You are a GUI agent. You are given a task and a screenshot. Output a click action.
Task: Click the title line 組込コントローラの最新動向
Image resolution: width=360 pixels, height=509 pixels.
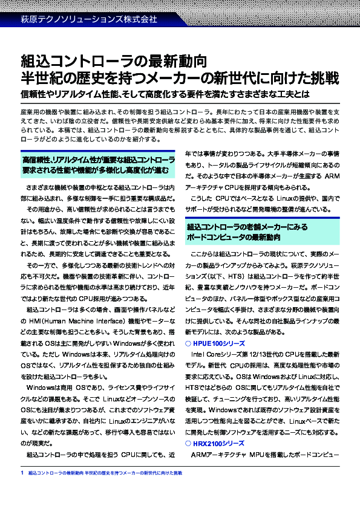[114, 61]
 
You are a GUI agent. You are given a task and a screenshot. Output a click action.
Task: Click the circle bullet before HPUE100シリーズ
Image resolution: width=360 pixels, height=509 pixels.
[188, 343]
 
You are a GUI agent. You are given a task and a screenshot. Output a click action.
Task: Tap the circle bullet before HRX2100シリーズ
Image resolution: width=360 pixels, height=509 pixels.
[188, 444]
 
